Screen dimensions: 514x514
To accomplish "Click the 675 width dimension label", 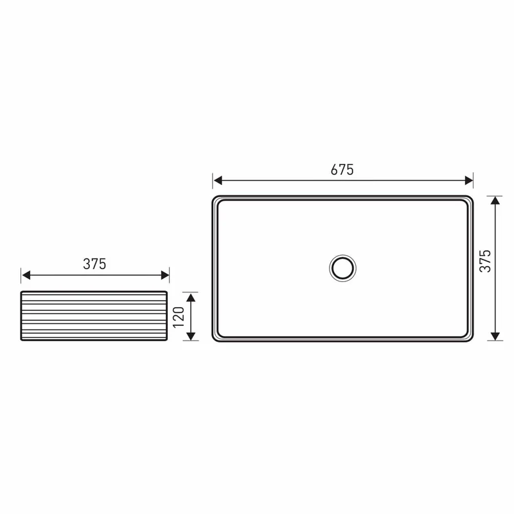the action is coord(342,170).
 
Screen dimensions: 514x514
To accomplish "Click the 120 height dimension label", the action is coord(179,317).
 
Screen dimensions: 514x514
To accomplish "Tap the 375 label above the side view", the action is coord(94,264).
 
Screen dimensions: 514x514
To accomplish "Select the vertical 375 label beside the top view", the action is coord(485,261).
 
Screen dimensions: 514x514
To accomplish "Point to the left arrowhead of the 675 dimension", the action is coord(218,181).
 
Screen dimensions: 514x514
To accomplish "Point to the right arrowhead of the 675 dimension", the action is coord(469,181).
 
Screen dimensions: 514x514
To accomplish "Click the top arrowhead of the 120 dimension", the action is coord(191,297).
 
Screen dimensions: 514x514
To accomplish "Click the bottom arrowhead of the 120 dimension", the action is coord(191,336).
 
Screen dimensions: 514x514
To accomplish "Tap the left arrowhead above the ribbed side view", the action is coord(26,275).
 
